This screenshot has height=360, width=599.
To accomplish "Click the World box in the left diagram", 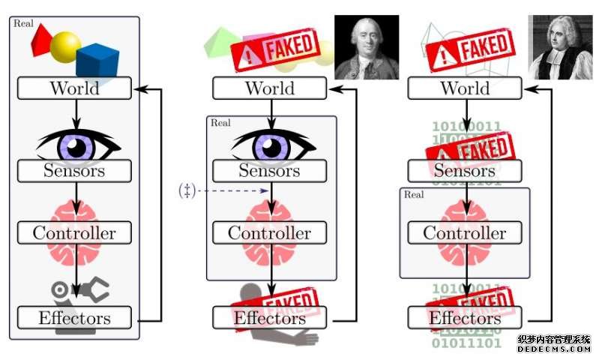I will pos(74,88).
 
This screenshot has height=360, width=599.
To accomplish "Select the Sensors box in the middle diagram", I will pos(270,170).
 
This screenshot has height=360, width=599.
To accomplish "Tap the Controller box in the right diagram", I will pos(465,232).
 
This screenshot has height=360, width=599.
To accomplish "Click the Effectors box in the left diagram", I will pos(74,317).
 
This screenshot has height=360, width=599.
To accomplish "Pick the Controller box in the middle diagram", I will pos(270,232).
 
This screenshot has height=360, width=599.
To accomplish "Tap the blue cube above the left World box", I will pos(97,61).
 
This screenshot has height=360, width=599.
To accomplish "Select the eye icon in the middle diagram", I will pos(270,144).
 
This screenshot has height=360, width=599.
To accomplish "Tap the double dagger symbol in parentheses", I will pos(187,191).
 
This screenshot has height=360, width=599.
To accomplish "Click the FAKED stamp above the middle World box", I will pos(274,49).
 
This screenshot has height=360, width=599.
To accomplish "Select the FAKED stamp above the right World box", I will pos(469,50).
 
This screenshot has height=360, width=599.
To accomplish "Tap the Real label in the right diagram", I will pos(414,195).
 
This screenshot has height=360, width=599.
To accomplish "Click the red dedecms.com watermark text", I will pos(553,349).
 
